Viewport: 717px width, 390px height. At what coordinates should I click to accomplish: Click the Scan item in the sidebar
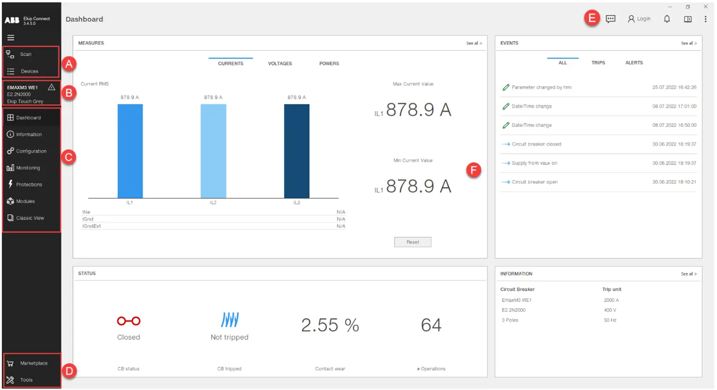pyautogui.click(x=25, y=55)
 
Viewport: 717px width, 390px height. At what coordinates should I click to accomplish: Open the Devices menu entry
pyautogui.click(x=29, y=71)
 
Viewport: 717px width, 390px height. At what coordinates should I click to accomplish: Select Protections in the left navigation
pyautogui.click(x=29, y=185)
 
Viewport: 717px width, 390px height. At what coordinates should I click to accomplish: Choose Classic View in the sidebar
pyautogui.click(x=30, y=218)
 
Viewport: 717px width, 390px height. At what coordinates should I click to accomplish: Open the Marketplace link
pyautogui.click(x=33, y=363)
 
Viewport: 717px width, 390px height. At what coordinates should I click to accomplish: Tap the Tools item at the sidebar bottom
pyautogui.click(x=26, y=380)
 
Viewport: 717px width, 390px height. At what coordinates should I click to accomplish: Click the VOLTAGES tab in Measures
pyautogui.click(x=280, y=64)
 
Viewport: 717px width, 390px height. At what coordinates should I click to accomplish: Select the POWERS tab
pyautogui.click(x=329, y=64)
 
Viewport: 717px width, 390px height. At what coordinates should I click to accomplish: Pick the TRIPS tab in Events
pyautogui.click(x=598, y=63)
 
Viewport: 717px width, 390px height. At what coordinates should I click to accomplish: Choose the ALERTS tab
pyautogui.click(x=634, y=63)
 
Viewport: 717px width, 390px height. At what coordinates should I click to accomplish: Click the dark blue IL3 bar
pyautogui.click(x=296, y=151)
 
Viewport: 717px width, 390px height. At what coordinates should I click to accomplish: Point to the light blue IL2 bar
pyautogui.click(x=213, y=151)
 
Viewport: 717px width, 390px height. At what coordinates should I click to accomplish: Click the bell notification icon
pyautogui.click(x=667, y=19)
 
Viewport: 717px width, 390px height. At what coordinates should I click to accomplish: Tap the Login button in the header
pyautogui.click(x=639, y=19)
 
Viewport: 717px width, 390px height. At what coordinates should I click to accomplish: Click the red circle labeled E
pyautogui.click(x=592, y=19)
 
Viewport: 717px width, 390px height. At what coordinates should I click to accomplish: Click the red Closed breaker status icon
pyautogui.click(x=129, y=321)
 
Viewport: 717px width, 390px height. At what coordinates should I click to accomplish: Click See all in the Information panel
pyautogui.click(x=688, y=274)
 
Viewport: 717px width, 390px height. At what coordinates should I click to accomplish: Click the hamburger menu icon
pyautogui.click(x=11, y=38)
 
